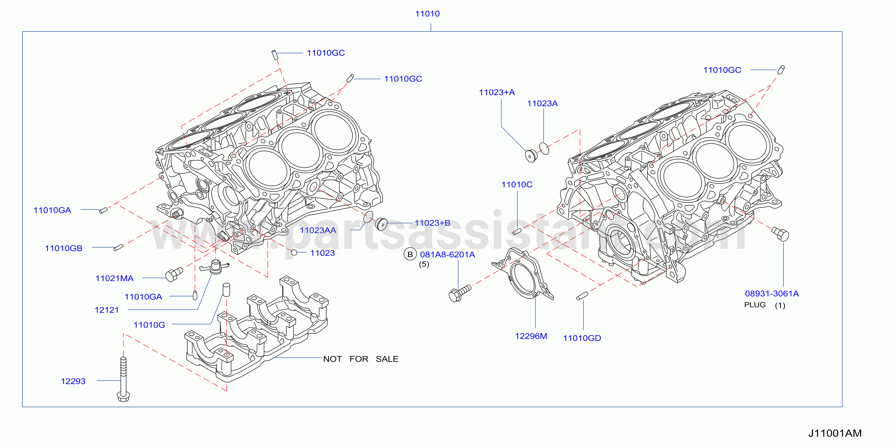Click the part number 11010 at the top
(427, 14)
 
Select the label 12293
(73, 381)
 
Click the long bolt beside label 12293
(123, 379)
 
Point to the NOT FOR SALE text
(361, 359)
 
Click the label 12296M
(531, 336)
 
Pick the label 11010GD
(582, 338)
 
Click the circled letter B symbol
(410, 254)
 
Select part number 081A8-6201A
(447, 254)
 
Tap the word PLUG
(755, 305)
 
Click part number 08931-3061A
(772, 293)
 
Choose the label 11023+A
(497, 92)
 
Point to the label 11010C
(517, 184)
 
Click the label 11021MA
(114, 278)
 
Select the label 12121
(107, 310)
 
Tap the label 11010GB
(64, 248)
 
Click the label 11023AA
(318, 230)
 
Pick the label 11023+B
(432, 223)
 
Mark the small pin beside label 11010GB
(119, 247)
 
